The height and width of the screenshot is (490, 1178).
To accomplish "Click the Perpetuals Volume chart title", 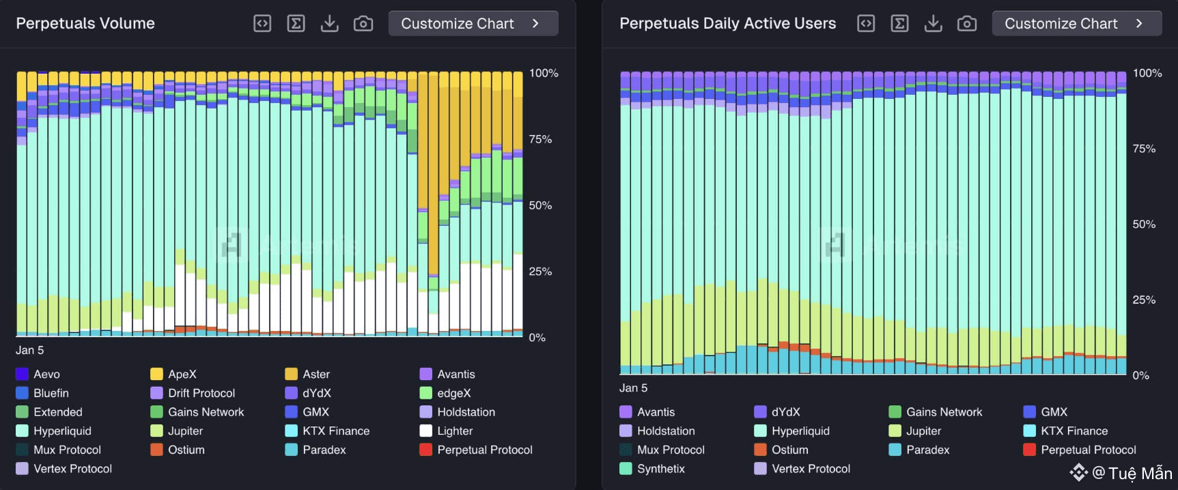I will [x=85, y=23].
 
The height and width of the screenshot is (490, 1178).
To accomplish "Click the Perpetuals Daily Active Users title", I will [x=727, y=23].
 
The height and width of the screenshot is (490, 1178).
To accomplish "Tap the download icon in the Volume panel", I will [x=330, y=23].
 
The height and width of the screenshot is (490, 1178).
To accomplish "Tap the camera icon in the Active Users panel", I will [x=967, y=23].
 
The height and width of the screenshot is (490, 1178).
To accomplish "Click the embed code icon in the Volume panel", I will [x=262, y=23].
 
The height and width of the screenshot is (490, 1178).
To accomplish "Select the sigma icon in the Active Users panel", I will [x=899, y=23].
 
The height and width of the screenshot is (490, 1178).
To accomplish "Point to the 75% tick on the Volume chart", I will [x=540, y=139].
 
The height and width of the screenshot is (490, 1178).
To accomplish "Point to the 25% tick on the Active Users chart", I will [x=1144, y=300].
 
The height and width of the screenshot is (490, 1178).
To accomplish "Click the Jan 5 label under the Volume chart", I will [x=30, y=350].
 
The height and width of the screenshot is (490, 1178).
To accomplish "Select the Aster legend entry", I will [x=316, y=374].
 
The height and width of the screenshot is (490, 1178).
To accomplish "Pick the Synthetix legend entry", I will [x=660, y=469].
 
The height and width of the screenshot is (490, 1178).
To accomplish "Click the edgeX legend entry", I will [x=454, y=393].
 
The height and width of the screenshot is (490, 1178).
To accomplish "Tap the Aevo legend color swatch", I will [x=22, y=374].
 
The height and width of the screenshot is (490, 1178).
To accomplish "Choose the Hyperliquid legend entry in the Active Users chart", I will [x=800, y=431].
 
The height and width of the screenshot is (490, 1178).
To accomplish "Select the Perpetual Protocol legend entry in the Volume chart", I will [x=485, y=450].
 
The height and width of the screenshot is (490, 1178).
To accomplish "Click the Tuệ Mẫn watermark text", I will [x=1140, y=473].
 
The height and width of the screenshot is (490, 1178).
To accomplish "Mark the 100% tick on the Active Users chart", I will [x=1147, y=73].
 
